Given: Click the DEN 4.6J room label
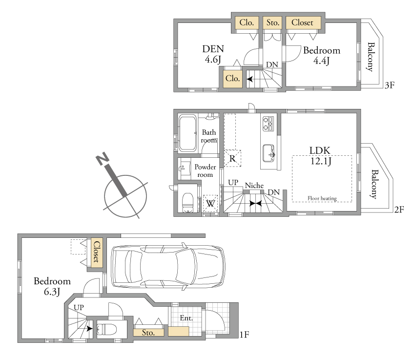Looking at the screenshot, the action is coord(213,54).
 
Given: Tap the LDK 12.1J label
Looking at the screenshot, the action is coord(320,156).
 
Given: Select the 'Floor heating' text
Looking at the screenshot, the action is coord(322,198).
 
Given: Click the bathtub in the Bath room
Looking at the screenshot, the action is coord(187,133).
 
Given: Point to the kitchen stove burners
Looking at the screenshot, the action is coord(268,124).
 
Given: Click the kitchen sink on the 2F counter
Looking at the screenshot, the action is coord(269,153).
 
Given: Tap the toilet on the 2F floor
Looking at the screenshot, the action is coord(188,202).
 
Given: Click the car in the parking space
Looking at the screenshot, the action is coord(168,266).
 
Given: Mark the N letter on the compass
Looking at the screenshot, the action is coord(103,159).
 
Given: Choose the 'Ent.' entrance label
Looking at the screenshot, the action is coord(186,318).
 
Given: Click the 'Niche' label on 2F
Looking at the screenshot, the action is coord(254,185).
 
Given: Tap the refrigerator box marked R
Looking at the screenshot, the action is coord(232,158).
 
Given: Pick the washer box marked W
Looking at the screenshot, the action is coord(210,204).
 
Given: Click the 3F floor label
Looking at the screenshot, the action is coord(390,85).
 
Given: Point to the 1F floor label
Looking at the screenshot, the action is coord(244,335).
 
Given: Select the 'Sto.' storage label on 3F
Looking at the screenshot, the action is coord(273,23).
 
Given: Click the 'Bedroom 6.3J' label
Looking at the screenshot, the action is coord(52,286).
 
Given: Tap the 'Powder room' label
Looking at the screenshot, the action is coord(205,171).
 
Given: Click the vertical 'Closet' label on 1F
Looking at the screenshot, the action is coord(97,252).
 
